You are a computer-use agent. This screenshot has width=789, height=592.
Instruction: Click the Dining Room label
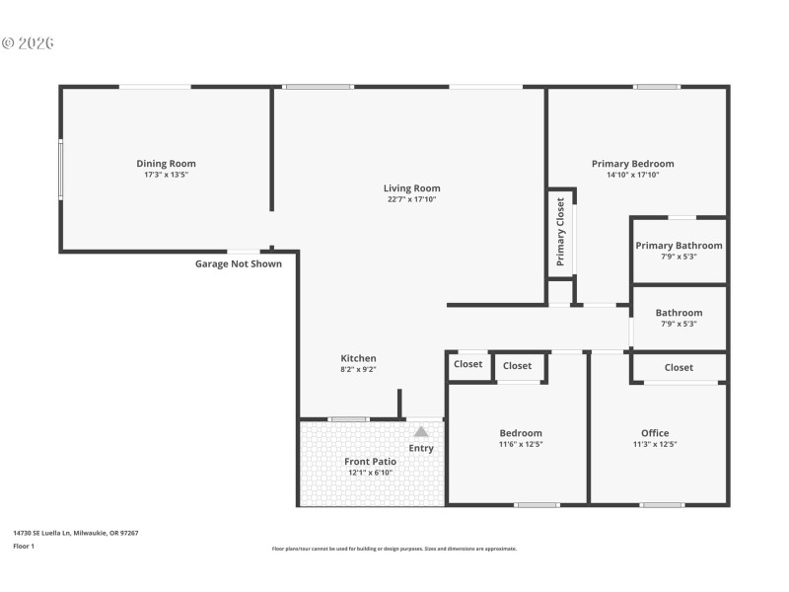point(166,164)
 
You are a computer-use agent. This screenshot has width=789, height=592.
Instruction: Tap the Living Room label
point(411,188)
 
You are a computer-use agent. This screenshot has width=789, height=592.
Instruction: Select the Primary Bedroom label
point(632,164)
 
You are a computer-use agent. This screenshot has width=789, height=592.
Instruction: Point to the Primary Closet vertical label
point(560,232)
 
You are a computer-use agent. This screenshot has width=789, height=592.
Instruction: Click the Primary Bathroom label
point(679,246)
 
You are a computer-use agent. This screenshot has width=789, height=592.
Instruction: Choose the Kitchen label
point(358,358)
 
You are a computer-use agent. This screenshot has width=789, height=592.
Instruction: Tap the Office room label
point(655,433)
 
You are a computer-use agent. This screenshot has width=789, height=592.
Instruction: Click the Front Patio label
point(370,462)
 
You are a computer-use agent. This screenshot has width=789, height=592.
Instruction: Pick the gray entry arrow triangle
point(421,431)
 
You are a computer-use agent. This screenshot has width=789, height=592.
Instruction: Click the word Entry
point(421,449)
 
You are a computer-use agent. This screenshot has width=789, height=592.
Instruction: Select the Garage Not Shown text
point(238,263)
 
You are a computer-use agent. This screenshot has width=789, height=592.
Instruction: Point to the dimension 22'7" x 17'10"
point(411,199)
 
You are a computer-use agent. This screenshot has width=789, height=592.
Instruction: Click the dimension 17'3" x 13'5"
point(166,175)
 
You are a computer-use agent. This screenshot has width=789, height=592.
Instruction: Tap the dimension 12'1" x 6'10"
point(370,473)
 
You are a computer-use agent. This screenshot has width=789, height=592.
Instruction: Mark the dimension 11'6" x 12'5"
point(520,444)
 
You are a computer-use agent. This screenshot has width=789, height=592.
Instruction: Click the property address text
point(75,533)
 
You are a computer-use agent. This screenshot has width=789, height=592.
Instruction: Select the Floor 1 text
point(23,546)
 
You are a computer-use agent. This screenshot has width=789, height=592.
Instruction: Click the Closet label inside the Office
point(679,367)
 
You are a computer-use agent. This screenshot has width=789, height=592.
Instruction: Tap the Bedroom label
point(520,433)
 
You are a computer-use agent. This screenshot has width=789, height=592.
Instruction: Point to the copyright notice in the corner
point(28,43)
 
